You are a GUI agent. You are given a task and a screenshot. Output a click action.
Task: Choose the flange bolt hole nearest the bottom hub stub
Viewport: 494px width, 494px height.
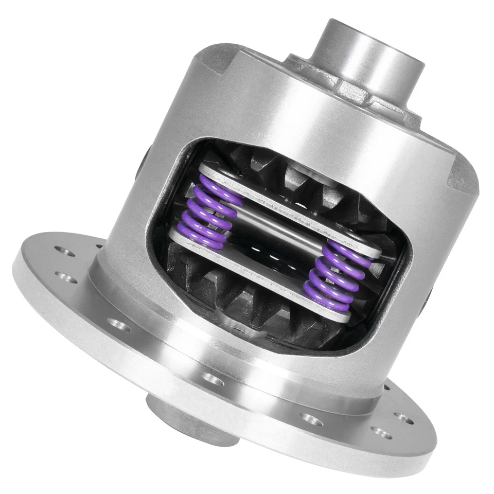point(213,378)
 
